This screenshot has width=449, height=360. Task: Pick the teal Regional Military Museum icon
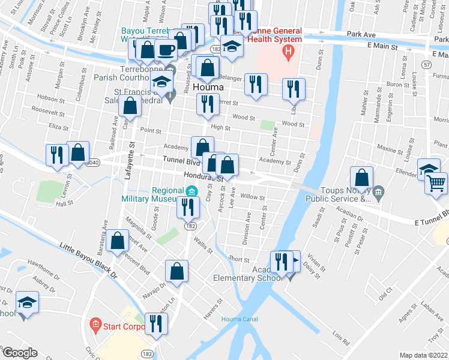tap(191, 192)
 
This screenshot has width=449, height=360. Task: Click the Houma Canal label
tap(240, 319)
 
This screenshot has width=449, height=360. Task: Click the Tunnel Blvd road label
tap(180, 162)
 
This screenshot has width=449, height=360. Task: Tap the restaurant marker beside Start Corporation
tap(157, 324)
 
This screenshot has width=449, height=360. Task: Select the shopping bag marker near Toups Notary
tap(361, 178)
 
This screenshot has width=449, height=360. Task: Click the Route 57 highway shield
tap(426, 64)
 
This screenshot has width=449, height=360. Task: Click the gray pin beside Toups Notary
tap(378, 193)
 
